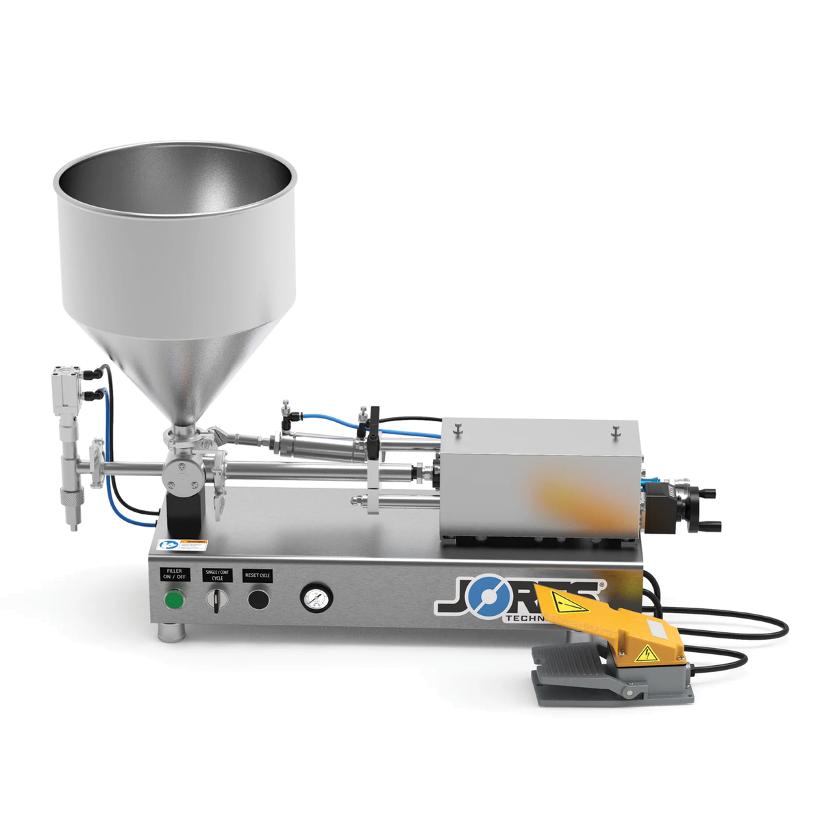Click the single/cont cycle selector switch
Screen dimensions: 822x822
pyautogui.click(x=217, y=600)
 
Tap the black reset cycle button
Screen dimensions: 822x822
pyautogui.click(x=258, y=599)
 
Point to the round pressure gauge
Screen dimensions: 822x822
pyautogui.click(x=314, y=598)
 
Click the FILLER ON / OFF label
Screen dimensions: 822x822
pyautogui.click(x=175, y=574)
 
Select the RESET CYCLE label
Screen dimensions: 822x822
pyautogui.click(x=258, y=575)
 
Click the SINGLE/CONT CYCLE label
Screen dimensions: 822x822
pyautogui.click(x=217, y=575)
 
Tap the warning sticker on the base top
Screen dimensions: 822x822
pyautogui.click(x=183, y=545)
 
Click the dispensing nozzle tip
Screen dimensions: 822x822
pyautogui.click(x=71, y=526)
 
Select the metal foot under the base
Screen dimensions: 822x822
pyautogui.click(x=169, y=632)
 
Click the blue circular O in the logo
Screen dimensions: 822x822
pyautogui.click(x=487, y=597)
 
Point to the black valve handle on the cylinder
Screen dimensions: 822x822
pyautogui.click(x=373, y=432)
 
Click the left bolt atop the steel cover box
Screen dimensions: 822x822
pyautogui.click(x=458, y=429)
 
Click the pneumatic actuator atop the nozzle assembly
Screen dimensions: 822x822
pyautogui.click(x=67, y=386)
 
